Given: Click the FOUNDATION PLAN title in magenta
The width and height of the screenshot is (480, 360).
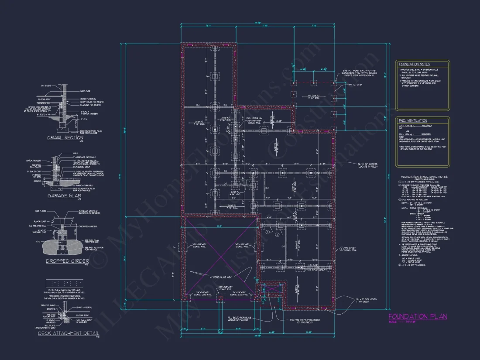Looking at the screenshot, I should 417,316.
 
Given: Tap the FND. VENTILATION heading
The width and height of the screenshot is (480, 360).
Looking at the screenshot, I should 413,120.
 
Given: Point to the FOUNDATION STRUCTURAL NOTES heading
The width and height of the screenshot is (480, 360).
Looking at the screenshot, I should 422,177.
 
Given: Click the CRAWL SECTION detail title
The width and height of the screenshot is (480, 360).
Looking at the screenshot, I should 65,138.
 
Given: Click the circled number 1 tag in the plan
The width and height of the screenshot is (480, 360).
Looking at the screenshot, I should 266,232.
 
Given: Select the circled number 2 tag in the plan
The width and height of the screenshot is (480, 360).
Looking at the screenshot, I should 277,235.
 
